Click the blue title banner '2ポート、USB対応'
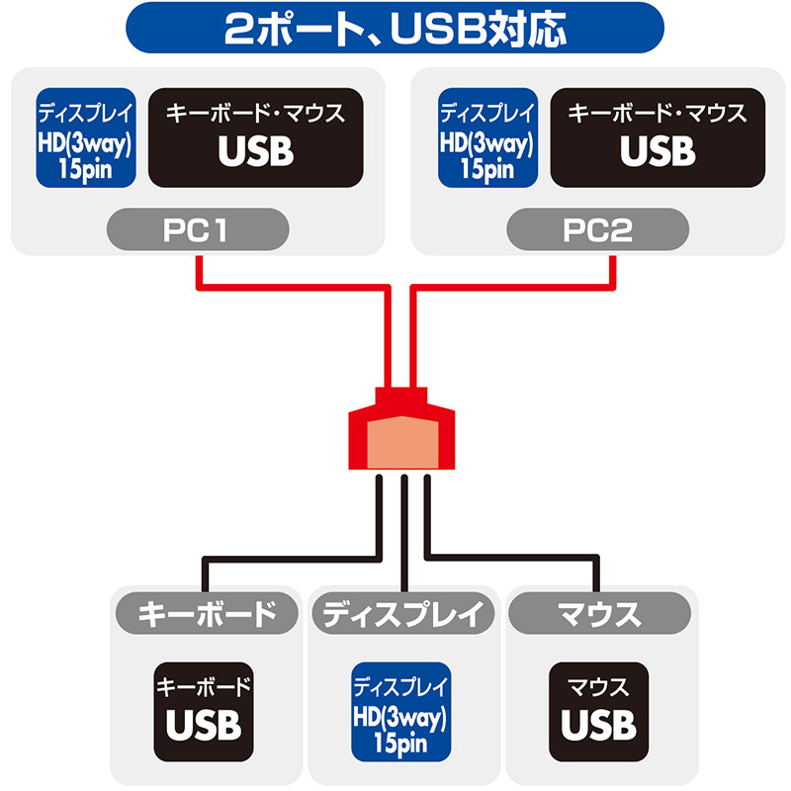pyautogui.click(x=395, y=28)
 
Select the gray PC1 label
pyautogui.click(x=198, y=229)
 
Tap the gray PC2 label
pyautogui.click(x=598, y=229)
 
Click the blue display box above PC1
pyautogui.click(x=86, y=137)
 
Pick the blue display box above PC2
pyautogui.click(x=487, y=137)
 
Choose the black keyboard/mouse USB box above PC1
pyautogui.click(x=256, y=137)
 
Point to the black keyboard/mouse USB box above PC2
pyautogui.click(x=658, y=137)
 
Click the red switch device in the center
pyautogui.click(x=401, y=428)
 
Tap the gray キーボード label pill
pyautogui.click(x=207, y=613)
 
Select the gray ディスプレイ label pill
pyautogui.click(x=403, y=613)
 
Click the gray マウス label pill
pyautogui.click(x=599, y=613)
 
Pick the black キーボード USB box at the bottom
pyautogui.click(x=204, y=712)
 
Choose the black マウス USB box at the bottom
pyautogui.click(x=599, y=712)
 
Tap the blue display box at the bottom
pyautogui.click(x=401, y=712)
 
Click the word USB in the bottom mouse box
pyautogui.click(x=599, y=726)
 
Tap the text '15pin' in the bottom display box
pyautogui.click(x=400, y=744)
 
